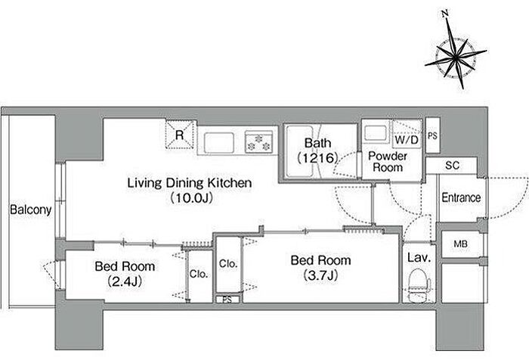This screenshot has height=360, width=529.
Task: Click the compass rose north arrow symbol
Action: pyautogui.click(x=455, y=57)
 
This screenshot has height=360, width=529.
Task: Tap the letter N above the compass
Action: pyautogui.click(x=445, y=14)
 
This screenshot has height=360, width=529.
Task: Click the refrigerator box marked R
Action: pyautogui.click(x=180, y=135)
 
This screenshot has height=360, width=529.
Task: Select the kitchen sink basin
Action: pyautogui.click(x=219, y=143)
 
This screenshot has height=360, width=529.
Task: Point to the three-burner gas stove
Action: pyautogui.click(x=258, y=142)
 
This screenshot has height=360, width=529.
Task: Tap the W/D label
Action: pyautogui.click(x=407, y=139)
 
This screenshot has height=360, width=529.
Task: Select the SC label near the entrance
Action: pyautogui.click(x=452, y=166)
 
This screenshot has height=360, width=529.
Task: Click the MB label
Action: pyautogui.click(x=460, y=244)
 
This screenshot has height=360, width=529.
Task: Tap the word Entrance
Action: pyautogui.click(x=461, y=197)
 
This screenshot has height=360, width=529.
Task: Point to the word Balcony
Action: pyautogui.click(x=31, y=209)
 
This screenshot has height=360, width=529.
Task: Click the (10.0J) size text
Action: pyautogui.click(x=192, y=198)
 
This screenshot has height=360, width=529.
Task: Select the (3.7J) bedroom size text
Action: pyautogui.click(x=320, y=275)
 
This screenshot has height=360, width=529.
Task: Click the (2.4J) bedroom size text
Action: pyautogui.click(x=125, y=281)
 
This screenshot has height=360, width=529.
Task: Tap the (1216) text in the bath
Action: pyautogui.click(x=317, y=158)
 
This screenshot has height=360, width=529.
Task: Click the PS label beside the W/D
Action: pyautogui.click(x=432, y=136)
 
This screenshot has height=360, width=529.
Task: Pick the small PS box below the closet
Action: pyautogui.click(x=227, y=299)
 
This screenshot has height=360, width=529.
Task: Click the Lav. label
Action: pyautogui.click(x=419, y=258)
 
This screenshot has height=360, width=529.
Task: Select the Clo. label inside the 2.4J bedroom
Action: pyautogui.click(x=198, y=274)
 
